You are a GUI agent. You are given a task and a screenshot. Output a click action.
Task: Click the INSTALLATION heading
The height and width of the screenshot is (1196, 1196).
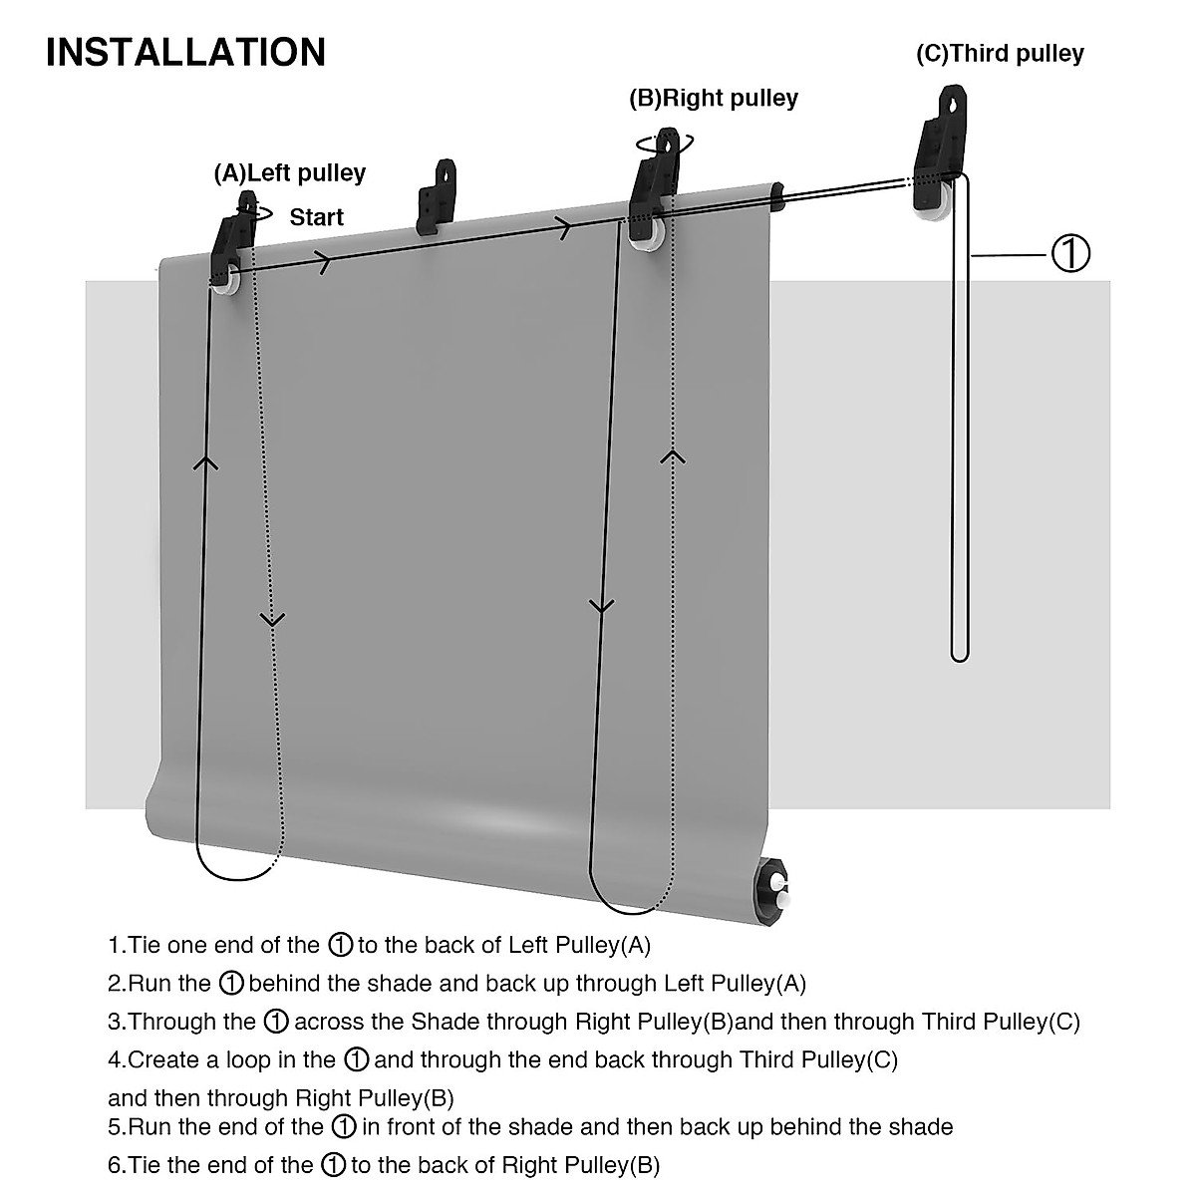coord(185,52)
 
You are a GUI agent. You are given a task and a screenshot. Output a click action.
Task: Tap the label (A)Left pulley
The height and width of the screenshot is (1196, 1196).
coord(290,173)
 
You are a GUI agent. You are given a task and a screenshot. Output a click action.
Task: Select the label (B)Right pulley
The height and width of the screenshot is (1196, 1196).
coord(713,98)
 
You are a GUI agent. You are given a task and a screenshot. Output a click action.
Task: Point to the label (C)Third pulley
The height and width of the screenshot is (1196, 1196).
coord(1000,53)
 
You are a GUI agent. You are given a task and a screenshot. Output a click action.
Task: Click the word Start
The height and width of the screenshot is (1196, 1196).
coord(316,217)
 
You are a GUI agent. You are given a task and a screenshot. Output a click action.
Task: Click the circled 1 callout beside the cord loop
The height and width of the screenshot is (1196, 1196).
coord(1070,254)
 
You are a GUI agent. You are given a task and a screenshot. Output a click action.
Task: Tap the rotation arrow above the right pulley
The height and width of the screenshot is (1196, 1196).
coord(659,142)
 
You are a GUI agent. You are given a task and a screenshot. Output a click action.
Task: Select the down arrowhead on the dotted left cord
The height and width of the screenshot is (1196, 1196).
coord(272,619)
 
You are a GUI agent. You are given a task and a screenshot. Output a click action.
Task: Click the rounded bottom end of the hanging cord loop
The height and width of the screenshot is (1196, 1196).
coord(959,655)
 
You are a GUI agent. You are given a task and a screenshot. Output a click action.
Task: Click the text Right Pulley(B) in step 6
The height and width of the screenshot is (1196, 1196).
coord(580,1165)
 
